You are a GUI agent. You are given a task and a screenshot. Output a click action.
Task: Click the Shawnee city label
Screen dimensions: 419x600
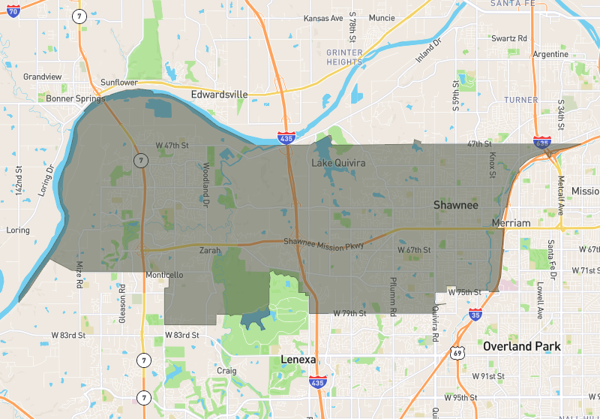coord(455,204)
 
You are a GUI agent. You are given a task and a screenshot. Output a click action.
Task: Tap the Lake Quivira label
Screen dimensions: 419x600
coord(337,162)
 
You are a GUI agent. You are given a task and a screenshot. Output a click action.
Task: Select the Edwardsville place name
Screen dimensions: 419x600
coord(219,95)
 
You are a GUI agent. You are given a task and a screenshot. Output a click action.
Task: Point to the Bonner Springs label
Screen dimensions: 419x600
coord(73,98)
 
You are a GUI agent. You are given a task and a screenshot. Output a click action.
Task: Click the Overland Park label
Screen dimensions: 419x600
coord(522,346)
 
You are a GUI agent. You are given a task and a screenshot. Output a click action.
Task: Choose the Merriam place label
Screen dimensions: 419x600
coord(511,223)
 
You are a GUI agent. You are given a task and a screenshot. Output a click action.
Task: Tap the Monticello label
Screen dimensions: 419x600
coord(163,276)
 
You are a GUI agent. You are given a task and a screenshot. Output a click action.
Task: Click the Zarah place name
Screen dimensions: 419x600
coord(210,252)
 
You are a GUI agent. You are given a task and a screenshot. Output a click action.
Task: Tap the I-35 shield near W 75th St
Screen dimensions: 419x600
coord(475,314)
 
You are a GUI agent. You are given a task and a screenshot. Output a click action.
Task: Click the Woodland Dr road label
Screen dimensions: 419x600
coord(205,183)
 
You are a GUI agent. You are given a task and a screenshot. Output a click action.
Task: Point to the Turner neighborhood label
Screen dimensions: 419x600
coord(520,100)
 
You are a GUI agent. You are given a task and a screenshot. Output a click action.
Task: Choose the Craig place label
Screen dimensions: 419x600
coord(226,371)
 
